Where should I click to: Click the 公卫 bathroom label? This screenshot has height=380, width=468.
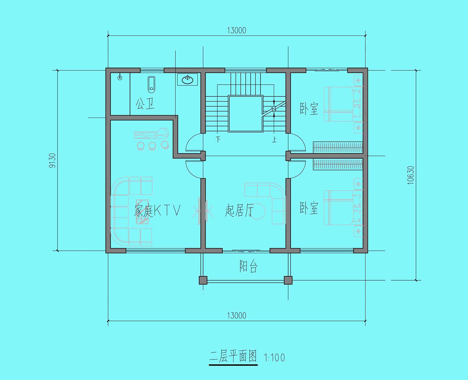click(x=145, y=104)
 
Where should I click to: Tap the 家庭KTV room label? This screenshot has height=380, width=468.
click(x=157, y=211)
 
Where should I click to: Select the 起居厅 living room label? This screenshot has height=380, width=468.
click(x=239, y=210)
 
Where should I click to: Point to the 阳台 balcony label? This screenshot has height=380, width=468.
click(x=248, y=266)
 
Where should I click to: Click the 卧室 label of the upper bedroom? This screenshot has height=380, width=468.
click(x=309, y=108)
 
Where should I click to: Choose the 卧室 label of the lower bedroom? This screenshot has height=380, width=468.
click(x=309, y=208)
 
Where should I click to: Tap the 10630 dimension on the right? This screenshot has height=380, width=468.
click(x=411, y=175)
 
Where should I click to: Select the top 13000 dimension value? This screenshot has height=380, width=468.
click(x=237, y=31)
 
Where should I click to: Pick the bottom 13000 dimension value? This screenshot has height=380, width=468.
click(x=237, y=315)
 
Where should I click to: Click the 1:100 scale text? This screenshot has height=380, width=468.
click(x=274, y=358)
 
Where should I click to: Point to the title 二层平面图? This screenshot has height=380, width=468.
click(x=233, y=357)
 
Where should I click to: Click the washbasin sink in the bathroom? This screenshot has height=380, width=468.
click(x=188, y=79)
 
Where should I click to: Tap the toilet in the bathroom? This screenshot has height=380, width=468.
click(x=151, y=85)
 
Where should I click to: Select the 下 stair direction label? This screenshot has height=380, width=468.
click(x=218, y=139)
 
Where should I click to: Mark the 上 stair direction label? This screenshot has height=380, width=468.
click(x=274, y=139)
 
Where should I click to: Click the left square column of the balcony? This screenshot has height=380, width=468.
click(x=203, y=280)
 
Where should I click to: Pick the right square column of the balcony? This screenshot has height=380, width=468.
click(x=288, y=280)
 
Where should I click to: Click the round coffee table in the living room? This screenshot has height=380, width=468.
click(x=258, y=211)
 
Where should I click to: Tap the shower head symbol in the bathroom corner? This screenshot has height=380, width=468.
click(x=120, y=77)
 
